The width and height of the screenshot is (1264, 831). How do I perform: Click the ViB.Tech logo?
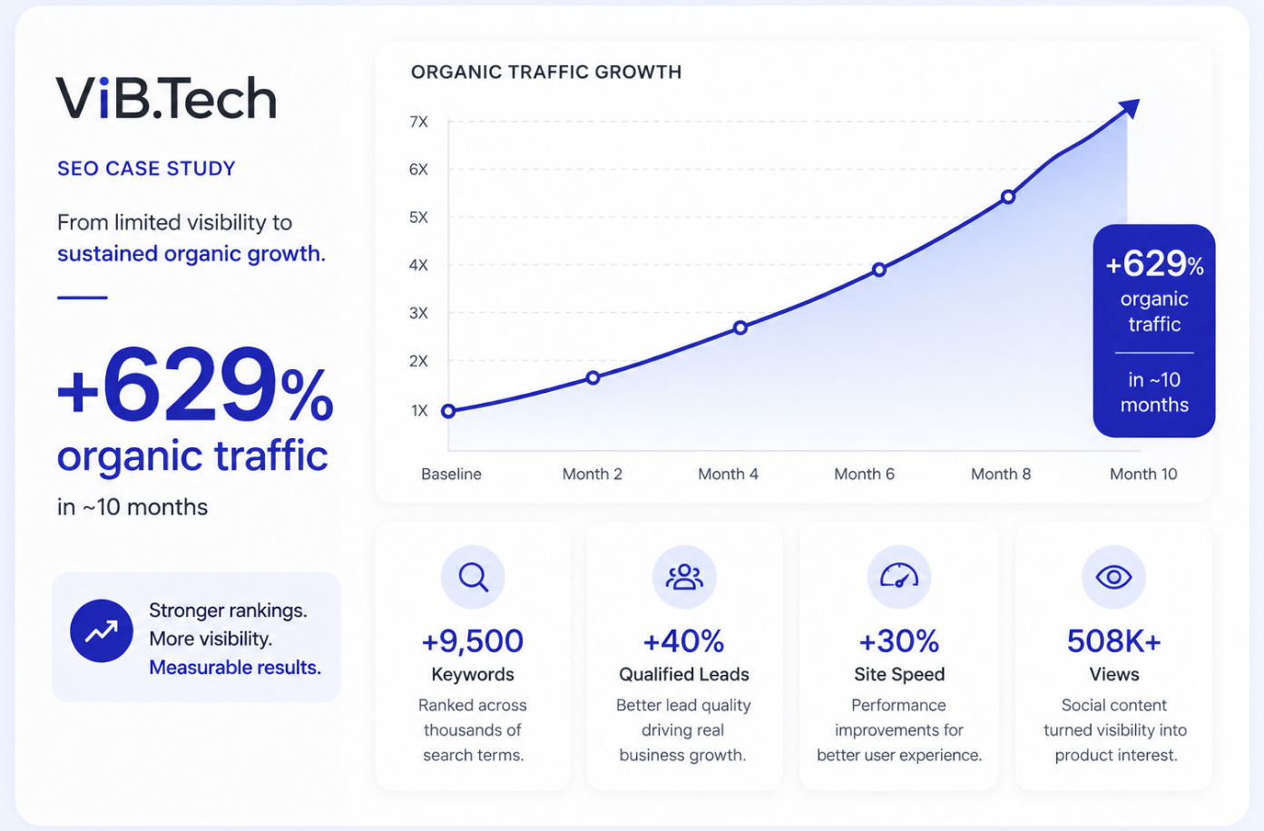click(166, 98)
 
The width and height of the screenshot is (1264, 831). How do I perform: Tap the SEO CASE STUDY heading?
click(146, 169)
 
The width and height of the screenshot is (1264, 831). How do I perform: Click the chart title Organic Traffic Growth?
click(546, 73)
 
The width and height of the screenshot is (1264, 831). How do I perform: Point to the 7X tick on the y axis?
click(418, 122)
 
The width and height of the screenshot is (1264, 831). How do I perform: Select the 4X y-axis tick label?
click(418, 265)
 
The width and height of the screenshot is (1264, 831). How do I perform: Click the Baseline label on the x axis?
click(452, 474)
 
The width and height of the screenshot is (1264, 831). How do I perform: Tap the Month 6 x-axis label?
click(865, 474)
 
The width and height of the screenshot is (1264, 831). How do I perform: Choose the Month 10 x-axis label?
click(1143, 474)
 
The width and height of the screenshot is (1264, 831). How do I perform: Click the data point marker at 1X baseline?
click(448, 411)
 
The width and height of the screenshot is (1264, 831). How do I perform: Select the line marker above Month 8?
click(1008, 197)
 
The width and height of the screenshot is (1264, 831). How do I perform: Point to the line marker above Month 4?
click(740, 328)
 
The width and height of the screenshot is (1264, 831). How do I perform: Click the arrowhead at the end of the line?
click(1130, 108)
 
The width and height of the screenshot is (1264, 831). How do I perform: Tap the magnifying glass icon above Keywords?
click(473, 577)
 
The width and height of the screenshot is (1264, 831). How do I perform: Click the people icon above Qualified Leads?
click(684, 577)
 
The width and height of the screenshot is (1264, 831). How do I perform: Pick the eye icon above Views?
click(1113, 577)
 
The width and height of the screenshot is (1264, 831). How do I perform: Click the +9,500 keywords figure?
click(473, 640)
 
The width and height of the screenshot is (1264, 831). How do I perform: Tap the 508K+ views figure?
click(1114, 640)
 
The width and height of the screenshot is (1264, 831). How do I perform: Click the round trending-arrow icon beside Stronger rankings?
click(102, 631)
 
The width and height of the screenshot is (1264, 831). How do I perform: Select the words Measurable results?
click(235, 668)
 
